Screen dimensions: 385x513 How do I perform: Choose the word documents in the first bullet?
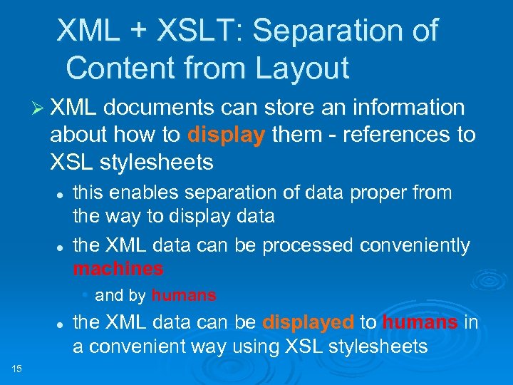(159, 108)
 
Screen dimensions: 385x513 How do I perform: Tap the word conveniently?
(415, 245)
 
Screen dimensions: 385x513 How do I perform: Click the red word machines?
(118, 269)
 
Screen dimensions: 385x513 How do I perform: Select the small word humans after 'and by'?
(184, 294)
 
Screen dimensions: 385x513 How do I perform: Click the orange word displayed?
(308, 322)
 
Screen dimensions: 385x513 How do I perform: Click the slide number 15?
(18, 368)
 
